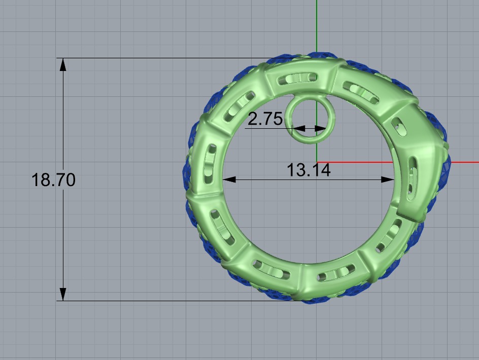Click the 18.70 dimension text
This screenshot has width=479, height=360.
[53, 179]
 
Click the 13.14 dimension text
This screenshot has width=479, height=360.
[309, 170]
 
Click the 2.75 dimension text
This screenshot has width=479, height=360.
[265, 119]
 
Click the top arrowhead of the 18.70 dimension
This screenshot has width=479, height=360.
[63, 64]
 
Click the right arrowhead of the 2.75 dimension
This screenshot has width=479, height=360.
[320, 128]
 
